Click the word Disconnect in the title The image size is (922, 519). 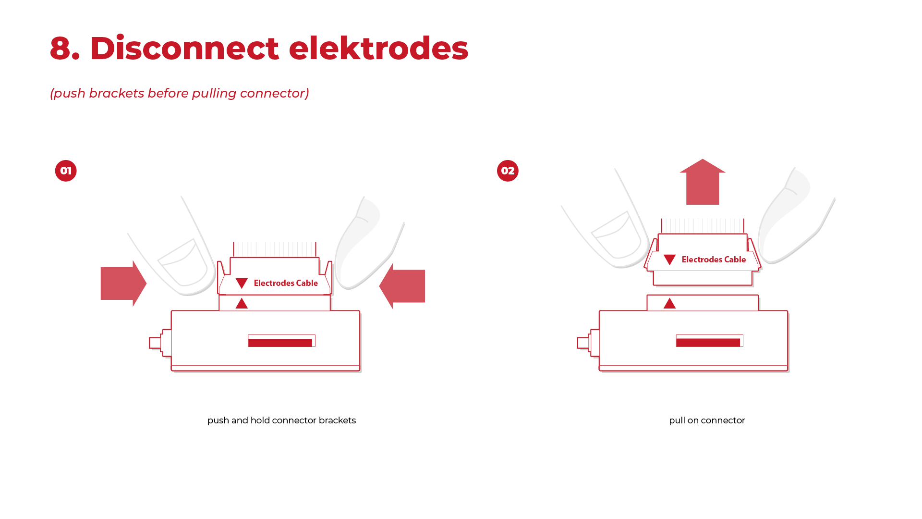tap(184, 48)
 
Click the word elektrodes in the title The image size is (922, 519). tap(378, 48)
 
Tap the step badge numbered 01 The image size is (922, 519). tap(66, 171)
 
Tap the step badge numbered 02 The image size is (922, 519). tap(508, 171)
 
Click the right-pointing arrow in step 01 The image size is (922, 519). tap(123, 284)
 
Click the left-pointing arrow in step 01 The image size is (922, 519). tap(402, 286)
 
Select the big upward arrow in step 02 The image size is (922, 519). tap(703, 182)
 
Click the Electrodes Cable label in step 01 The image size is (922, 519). tap(286, 283)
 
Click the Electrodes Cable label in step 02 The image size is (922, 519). tap(714, 259)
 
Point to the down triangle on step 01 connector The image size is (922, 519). tap(242, 283)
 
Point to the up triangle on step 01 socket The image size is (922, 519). tap(242, 304)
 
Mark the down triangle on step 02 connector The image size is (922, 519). tap(669, 259)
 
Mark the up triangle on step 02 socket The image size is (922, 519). tap(669, 304)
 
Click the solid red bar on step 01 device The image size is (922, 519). tap(280, 343)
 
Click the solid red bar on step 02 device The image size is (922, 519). tap(708, 343)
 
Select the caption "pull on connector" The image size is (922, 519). tap(707, 420)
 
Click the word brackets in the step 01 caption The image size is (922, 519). tap(337, 420)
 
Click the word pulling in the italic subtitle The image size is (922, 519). tap(214, 93)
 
